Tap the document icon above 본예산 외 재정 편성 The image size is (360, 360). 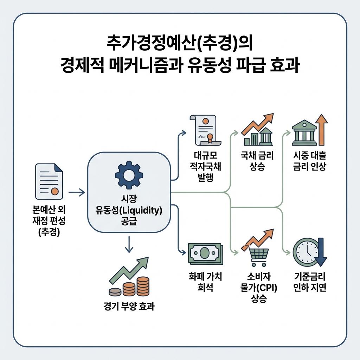[x=49, y=181]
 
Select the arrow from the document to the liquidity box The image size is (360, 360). [x=76, y=192]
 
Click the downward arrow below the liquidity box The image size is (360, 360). [x=129, y=244]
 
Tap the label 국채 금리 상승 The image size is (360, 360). [x=257, y=160]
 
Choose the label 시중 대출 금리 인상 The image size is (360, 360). [x=309, y=160]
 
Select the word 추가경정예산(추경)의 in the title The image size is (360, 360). [x=180, y=45]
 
